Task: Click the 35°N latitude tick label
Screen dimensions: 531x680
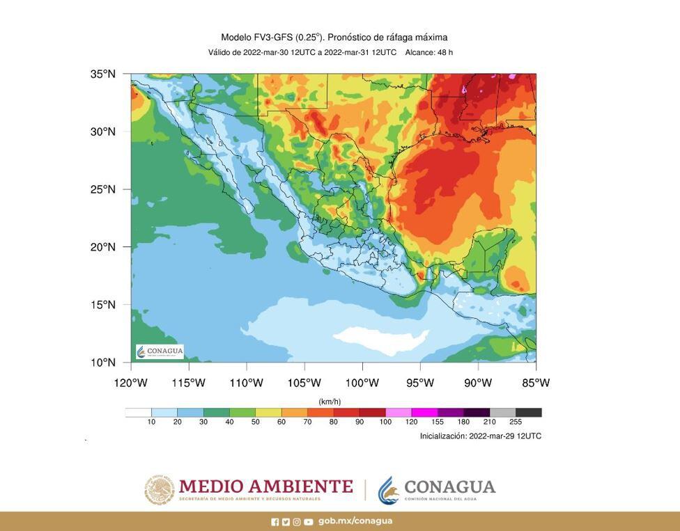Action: pos(102,74)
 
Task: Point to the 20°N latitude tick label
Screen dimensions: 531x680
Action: pos(102,247)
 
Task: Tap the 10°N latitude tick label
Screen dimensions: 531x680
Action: pos(102,363)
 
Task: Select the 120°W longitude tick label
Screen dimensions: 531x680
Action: pos(130,383)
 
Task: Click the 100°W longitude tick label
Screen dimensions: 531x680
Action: pos(362,383)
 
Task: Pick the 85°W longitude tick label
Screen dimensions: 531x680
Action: pos(536,383)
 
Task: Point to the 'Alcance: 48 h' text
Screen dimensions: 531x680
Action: pos(429,53)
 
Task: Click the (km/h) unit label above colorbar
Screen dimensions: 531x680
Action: pos(330,402)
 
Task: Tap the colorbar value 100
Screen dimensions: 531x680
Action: pos(385,422)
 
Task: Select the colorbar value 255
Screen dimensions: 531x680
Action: pos(516,422)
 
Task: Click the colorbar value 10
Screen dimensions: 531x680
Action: pos(151,422)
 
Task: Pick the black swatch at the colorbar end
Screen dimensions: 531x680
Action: pos(529,413)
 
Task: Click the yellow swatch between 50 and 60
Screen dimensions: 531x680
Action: pos(268,413)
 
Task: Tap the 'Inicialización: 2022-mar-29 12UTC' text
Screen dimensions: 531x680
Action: pos(480,436)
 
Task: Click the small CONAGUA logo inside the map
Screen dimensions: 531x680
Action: pos(160,351)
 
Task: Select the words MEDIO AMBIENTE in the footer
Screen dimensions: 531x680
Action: pos(265,486)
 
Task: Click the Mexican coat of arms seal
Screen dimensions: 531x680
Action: pos(160,490)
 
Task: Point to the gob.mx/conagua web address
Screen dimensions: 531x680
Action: pos(355,521)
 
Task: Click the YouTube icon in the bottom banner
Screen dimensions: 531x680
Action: pos(308,522)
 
